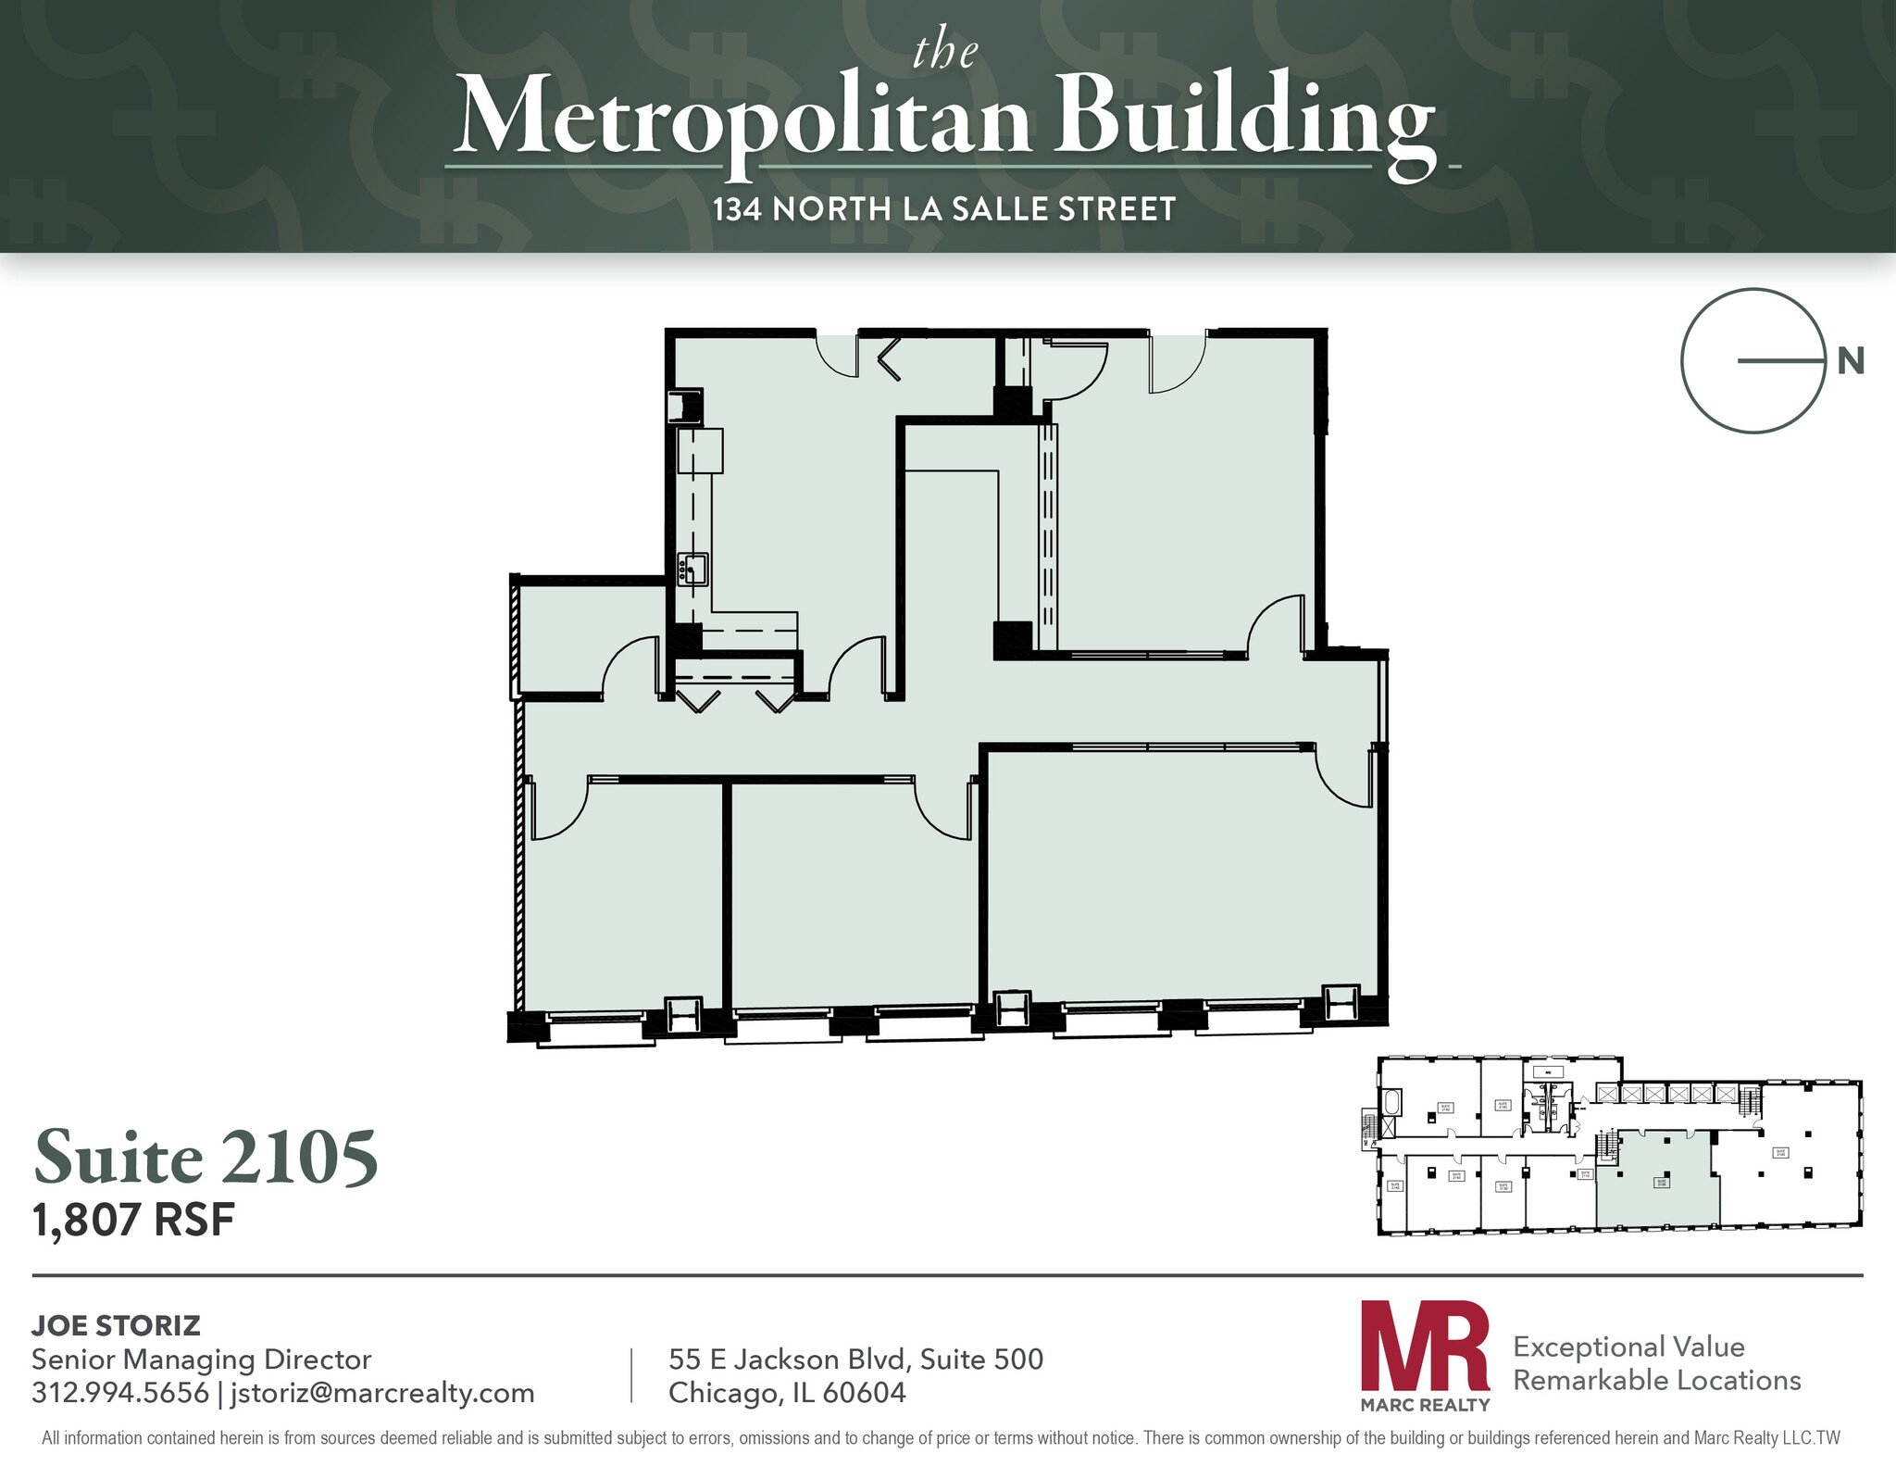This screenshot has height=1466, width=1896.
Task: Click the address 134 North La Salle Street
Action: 944,209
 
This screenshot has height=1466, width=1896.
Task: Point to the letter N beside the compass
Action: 1850,361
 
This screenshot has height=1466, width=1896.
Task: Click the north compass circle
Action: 1753,361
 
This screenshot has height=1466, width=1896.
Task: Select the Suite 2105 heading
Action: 206,1158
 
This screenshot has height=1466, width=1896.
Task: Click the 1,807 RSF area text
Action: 133,1220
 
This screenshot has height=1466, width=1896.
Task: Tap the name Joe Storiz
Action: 116,1325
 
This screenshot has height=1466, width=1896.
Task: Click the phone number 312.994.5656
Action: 119,1392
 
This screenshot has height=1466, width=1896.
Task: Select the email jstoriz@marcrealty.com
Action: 380,1392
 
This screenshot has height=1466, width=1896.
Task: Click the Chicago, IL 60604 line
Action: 787,1392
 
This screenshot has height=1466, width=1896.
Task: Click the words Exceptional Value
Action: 1628,1347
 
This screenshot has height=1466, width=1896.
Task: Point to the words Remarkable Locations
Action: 1657,1380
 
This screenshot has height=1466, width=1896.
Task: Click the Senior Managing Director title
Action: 201,1359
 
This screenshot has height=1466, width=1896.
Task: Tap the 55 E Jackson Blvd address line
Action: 855,1359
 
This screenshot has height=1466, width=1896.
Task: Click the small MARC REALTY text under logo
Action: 1425,1405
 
